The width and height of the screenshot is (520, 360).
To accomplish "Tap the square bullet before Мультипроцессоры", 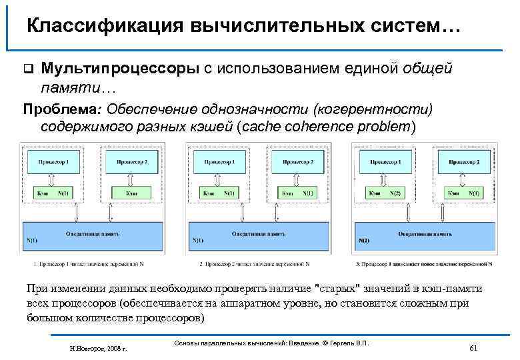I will [x=27, y=69].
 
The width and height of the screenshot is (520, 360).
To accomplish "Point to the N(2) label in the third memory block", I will [x=365, y=240].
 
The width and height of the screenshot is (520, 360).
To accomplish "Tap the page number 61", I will [x=473, y=347].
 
